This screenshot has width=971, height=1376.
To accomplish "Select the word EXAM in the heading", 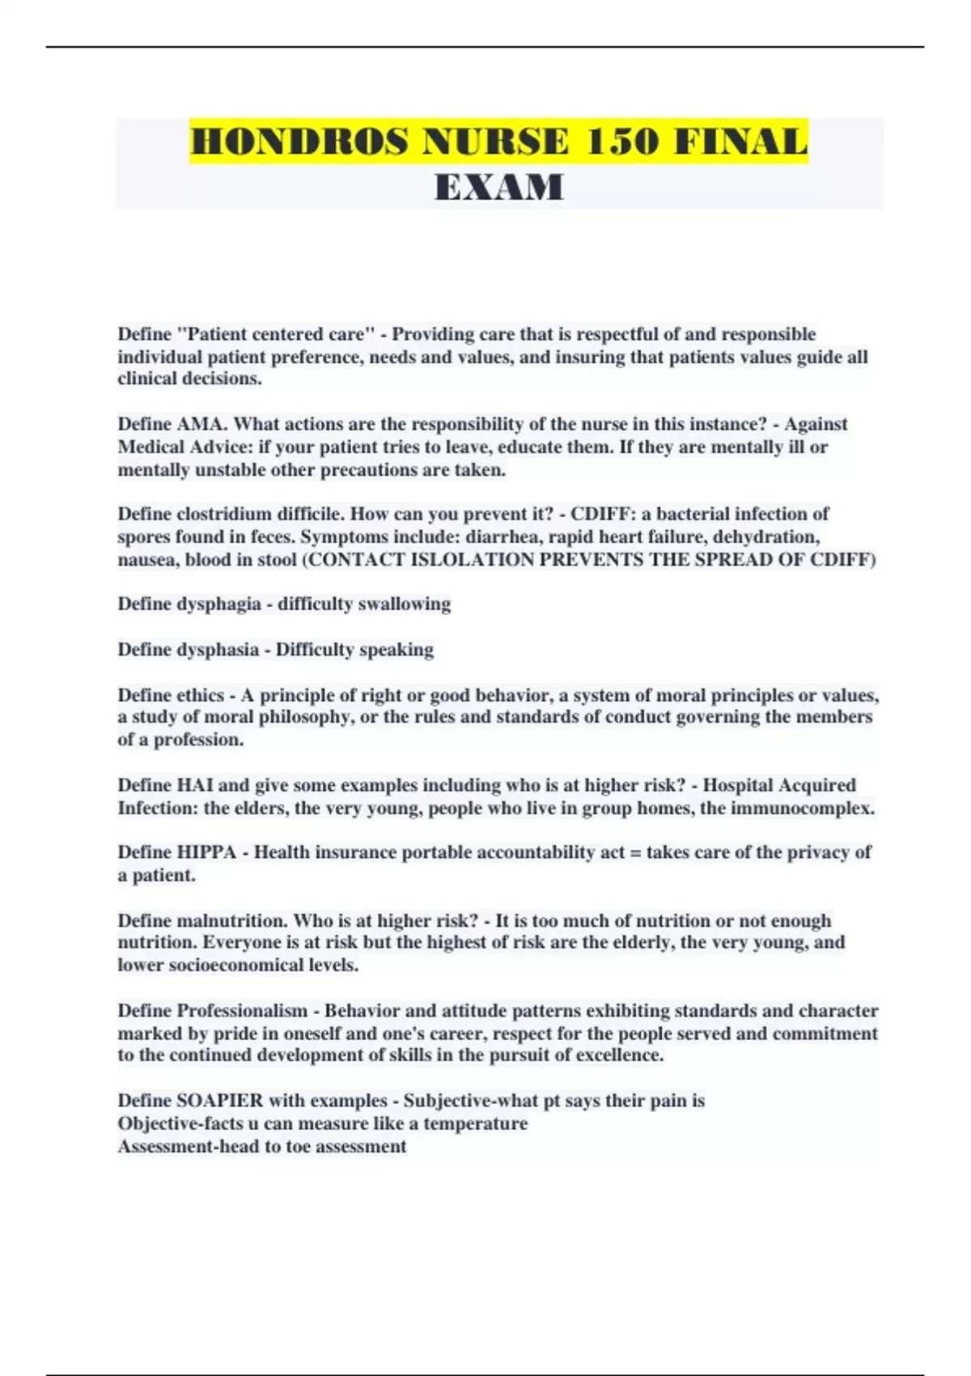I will [498, 188].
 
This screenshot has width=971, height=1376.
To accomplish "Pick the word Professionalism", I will [242, 1011].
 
